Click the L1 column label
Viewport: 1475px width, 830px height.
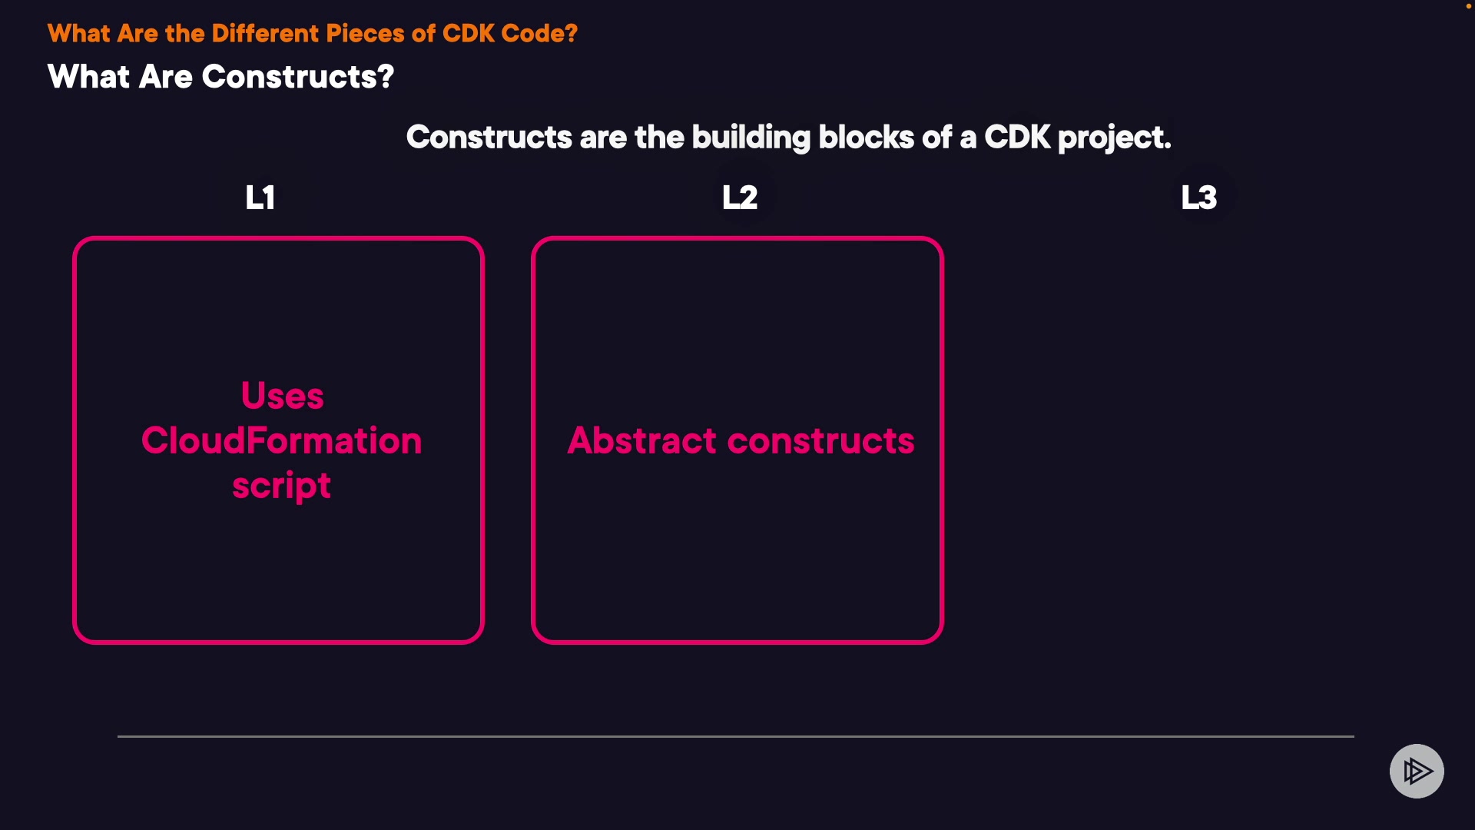[x=260, y=198]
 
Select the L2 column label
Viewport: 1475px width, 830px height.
[x=740, y=198]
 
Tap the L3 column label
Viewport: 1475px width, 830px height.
[x=1199, y=198]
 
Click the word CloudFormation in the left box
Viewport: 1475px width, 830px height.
[x=282, y=440]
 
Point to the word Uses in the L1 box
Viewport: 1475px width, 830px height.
[x=283, y=396]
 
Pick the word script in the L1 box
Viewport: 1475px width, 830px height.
[x=282, y=486]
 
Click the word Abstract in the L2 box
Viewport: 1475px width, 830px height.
[x=641, y=440]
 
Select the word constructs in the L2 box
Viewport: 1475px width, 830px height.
[x=821, y=441]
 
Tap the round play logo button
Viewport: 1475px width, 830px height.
[x=1417, y=771]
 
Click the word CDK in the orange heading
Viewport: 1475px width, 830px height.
[x=469, y=33]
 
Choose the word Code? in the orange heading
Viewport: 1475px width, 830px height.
[x=539, y=33]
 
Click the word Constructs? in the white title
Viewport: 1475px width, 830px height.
[x=298, y=77]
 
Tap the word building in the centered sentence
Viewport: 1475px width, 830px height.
[x=751, y=138]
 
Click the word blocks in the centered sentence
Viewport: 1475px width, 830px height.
[x=867, y=137]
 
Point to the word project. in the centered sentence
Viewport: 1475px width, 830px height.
[x=1115, y=138]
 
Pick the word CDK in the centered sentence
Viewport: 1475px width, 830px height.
[x=1017, y=137]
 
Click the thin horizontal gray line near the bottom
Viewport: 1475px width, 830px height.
[x=736, y=736]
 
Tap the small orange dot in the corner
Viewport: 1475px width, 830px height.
[x=1469, y=6]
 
